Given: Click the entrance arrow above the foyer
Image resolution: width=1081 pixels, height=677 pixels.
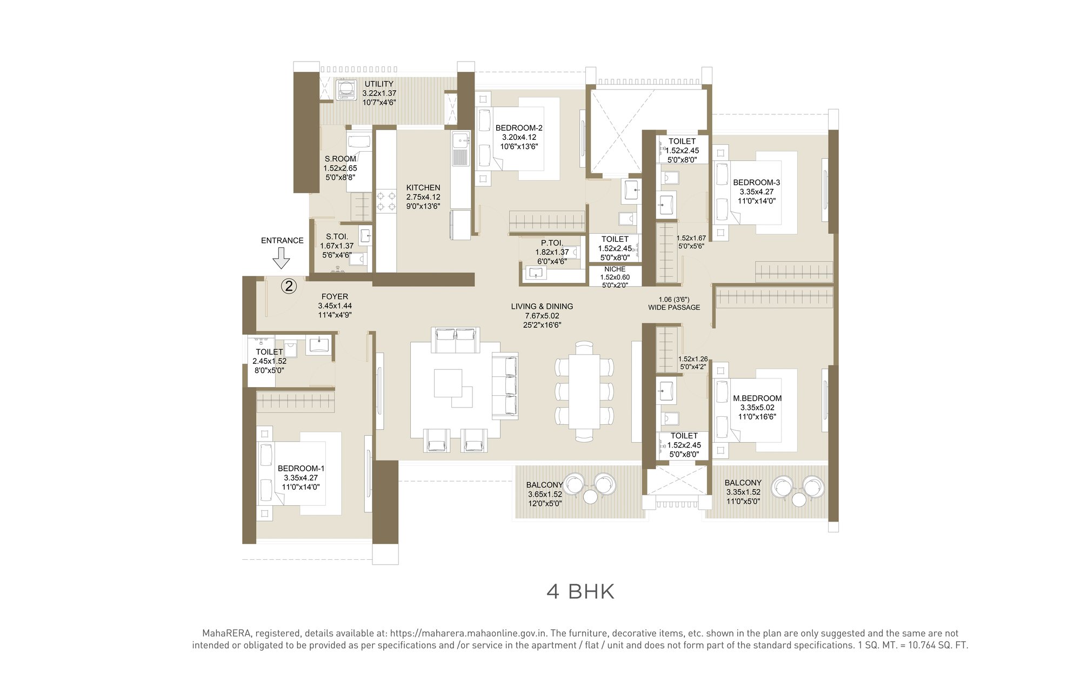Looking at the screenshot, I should [x=281, y=259].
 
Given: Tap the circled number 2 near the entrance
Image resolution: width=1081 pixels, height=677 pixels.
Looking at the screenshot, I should [x=289, y=286].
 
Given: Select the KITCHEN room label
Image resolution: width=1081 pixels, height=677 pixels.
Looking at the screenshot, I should [x=423, y=188].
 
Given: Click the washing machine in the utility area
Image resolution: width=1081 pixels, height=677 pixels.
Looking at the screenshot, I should [x=344, y=90].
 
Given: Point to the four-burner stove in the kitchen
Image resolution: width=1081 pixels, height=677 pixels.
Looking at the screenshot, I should [x=386, y=201].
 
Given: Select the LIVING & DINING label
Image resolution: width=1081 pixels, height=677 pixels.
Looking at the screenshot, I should [x=542, y=306].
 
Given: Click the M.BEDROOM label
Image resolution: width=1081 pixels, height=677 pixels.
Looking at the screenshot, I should [x=757, y=398].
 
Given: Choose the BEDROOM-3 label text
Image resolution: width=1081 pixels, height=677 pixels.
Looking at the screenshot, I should [x=756, y=182].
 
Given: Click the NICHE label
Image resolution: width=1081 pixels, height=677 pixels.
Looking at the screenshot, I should [x=615, y=269].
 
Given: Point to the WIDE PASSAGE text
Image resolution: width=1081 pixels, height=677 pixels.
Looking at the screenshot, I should [x=674, y=307].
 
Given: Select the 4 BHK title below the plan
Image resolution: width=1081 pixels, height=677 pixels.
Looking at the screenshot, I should [x=580, y=592].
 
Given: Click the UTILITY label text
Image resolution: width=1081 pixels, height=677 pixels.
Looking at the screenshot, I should [x=378, y=84].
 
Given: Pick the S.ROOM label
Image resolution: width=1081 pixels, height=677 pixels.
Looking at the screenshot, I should [x=340, y=159].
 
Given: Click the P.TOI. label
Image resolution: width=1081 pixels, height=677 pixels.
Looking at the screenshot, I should [x=551, y=243].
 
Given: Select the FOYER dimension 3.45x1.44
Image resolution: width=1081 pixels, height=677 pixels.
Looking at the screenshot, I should [x=335, y=306].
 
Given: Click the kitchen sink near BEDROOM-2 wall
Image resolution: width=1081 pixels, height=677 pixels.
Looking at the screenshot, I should [x=461, y=141].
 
